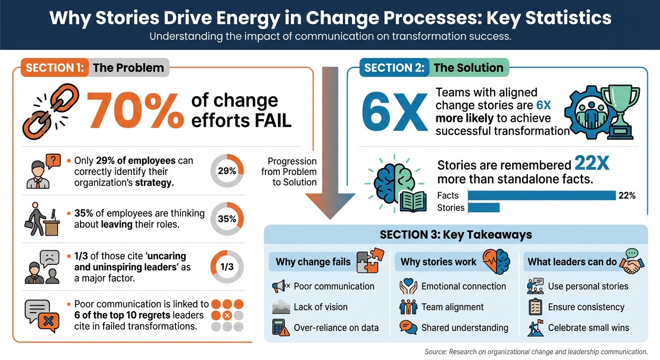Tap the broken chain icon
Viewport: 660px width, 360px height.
[47, 112]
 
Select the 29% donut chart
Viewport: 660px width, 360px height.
[227, 171]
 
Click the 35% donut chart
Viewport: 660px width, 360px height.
[227, 219]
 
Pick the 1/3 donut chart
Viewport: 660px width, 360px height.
[227, 267]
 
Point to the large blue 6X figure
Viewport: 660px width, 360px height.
[395, 112]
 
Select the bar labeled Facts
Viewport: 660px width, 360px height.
[541, 195]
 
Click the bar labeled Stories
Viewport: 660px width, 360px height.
[484, 208]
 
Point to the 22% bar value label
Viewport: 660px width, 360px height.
[627, 196]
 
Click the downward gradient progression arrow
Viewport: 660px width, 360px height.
[330, 141]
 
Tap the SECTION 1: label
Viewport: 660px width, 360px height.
[54, 67]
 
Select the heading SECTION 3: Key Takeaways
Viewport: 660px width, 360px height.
[456, 234]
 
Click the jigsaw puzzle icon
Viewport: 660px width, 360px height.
[370, 261]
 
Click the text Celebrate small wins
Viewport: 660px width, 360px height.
[588, 328]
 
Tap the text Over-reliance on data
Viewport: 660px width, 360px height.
[336, 328]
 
